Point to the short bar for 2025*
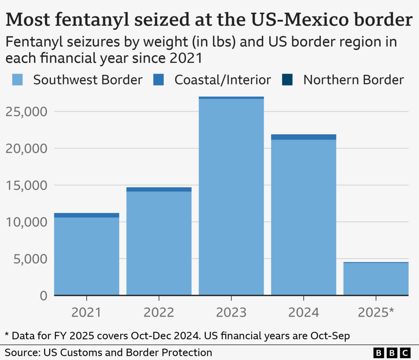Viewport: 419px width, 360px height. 376,279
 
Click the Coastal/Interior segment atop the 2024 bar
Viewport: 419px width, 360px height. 304,137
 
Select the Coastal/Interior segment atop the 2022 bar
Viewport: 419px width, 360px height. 159,189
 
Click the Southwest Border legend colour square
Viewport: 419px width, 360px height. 18,80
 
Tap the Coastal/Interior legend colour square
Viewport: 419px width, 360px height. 158,80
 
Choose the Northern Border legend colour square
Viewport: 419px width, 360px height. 287,80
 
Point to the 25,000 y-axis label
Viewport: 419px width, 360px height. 26,112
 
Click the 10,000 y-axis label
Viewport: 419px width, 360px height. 26,222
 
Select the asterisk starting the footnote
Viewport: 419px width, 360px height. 7,335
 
